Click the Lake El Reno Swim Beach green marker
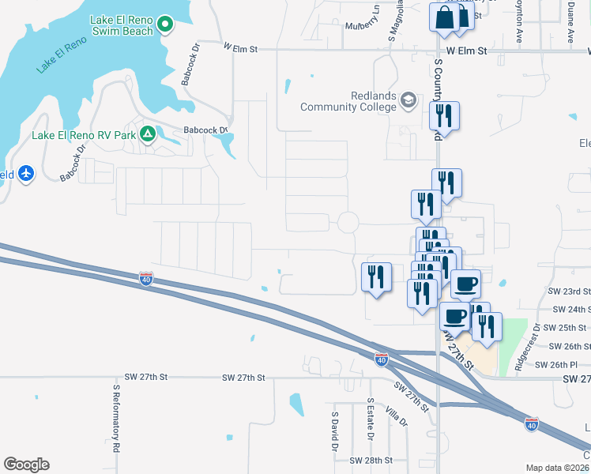pos(165,25)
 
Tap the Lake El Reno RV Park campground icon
pos(147,135)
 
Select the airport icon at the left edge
pos(27,173)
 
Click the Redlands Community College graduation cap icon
pos(408,100)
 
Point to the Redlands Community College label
pos(348,101)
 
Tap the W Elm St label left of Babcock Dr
pos(241,49)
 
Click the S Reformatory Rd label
pos(115,423)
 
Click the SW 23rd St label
pos(570,292)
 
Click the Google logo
pos(26,465)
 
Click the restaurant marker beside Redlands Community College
pos(444,117)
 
